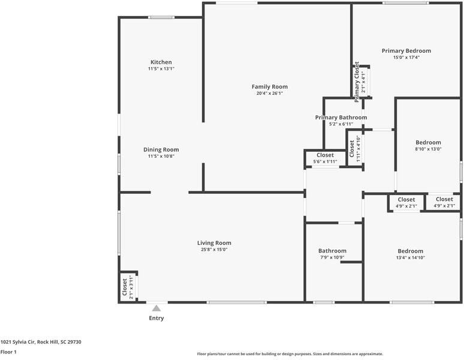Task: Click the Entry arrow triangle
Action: point(156,308)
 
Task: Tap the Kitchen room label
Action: point(161,62)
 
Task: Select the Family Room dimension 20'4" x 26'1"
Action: point(270,93)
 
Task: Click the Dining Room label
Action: point(161,150)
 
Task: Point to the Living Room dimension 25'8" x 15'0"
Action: point(214,250)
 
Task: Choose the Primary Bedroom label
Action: point(406,51)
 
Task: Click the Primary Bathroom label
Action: point(341,118)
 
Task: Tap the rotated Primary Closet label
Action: point(357,82)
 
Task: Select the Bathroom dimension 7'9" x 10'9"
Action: point(332,257)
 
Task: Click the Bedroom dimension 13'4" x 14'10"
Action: point(411,258)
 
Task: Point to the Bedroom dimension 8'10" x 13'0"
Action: point(428,149)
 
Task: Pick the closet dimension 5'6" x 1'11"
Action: point(325,161)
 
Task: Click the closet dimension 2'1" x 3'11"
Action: point(132,287)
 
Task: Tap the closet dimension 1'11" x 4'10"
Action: point(358,149)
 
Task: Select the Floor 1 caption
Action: point(8,352)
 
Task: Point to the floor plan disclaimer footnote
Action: point(290,354)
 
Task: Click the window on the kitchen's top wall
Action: point(161,17)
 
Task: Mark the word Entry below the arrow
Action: point(156,318)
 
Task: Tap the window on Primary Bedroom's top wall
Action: point(405,3)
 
